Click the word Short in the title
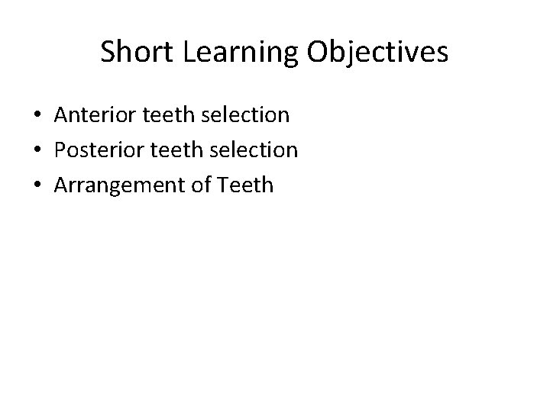coord(133,52)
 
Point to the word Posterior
coord(95,150)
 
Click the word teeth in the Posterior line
coord(170,150)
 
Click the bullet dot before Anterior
coord(37,116)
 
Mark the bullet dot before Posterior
coord(37,150)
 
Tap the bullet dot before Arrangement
coord(37,185)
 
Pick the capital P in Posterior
coord(60,150)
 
